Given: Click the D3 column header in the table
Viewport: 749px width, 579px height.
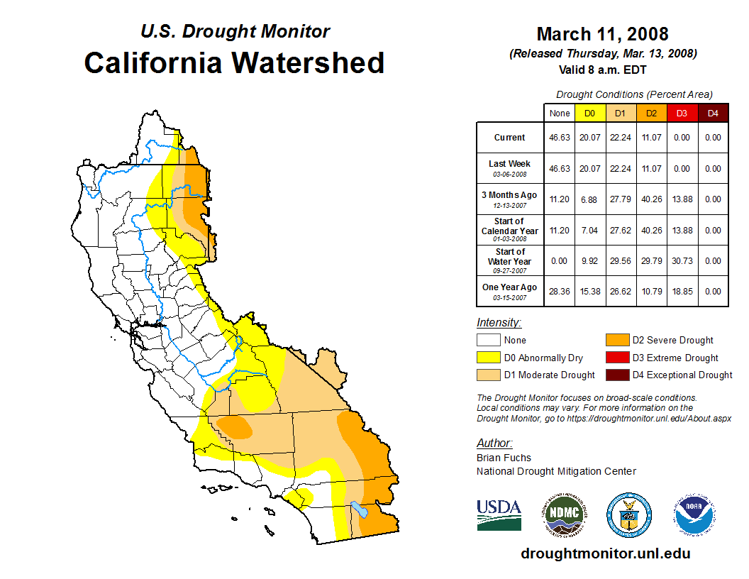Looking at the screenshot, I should (682, 113).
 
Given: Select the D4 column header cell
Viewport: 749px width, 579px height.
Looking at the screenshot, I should (713, 113).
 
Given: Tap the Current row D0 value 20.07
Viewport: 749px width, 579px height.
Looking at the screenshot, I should (590, 138).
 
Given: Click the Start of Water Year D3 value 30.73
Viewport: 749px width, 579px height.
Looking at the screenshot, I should (682, 260).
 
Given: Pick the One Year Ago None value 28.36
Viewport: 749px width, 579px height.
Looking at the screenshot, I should (560, 291).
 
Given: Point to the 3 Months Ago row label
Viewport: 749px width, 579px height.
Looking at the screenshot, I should (510, 199).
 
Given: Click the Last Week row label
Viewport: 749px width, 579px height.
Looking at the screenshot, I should (510, 167).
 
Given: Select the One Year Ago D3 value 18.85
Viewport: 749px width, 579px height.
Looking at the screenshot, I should (682, 291).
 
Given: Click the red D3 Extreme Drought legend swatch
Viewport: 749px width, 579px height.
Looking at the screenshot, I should (616, 358).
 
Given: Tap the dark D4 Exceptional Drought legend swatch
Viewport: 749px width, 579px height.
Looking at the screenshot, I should (616, 375).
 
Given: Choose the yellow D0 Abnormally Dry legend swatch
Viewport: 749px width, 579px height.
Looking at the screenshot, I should (488, 358).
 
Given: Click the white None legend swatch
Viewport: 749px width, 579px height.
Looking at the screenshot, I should (488, 341).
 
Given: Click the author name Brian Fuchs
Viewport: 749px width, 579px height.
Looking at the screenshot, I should (504, 458).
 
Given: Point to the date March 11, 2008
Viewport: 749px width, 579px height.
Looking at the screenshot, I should (602, 33).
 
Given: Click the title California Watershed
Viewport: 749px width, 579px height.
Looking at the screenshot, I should (234, 62).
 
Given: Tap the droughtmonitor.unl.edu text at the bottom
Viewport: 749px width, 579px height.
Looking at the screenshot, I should (605, 553).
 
